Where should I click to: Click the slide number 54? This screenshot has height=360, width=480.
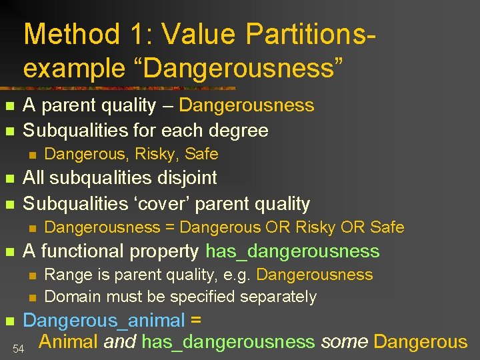18,348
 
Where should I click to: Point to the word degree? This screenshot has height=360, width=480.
237,130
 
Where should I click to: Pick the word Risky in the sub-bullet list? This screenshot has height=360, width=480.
157,154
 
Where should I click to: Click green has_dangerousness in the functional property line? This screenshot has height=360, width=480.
293,251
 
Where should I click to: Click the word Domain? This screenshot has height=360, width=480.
71,296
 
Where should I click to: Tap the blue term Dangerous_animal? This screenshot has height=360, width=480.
104,321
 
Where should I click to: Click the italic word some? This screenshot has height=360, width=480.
344,342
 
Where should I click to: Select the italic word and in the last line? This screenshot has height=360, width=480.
121,342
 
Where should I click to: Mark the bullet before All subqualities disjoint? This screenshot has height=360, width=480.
9,179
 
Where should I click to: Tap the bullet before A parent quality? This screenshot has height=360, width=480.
9,107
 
